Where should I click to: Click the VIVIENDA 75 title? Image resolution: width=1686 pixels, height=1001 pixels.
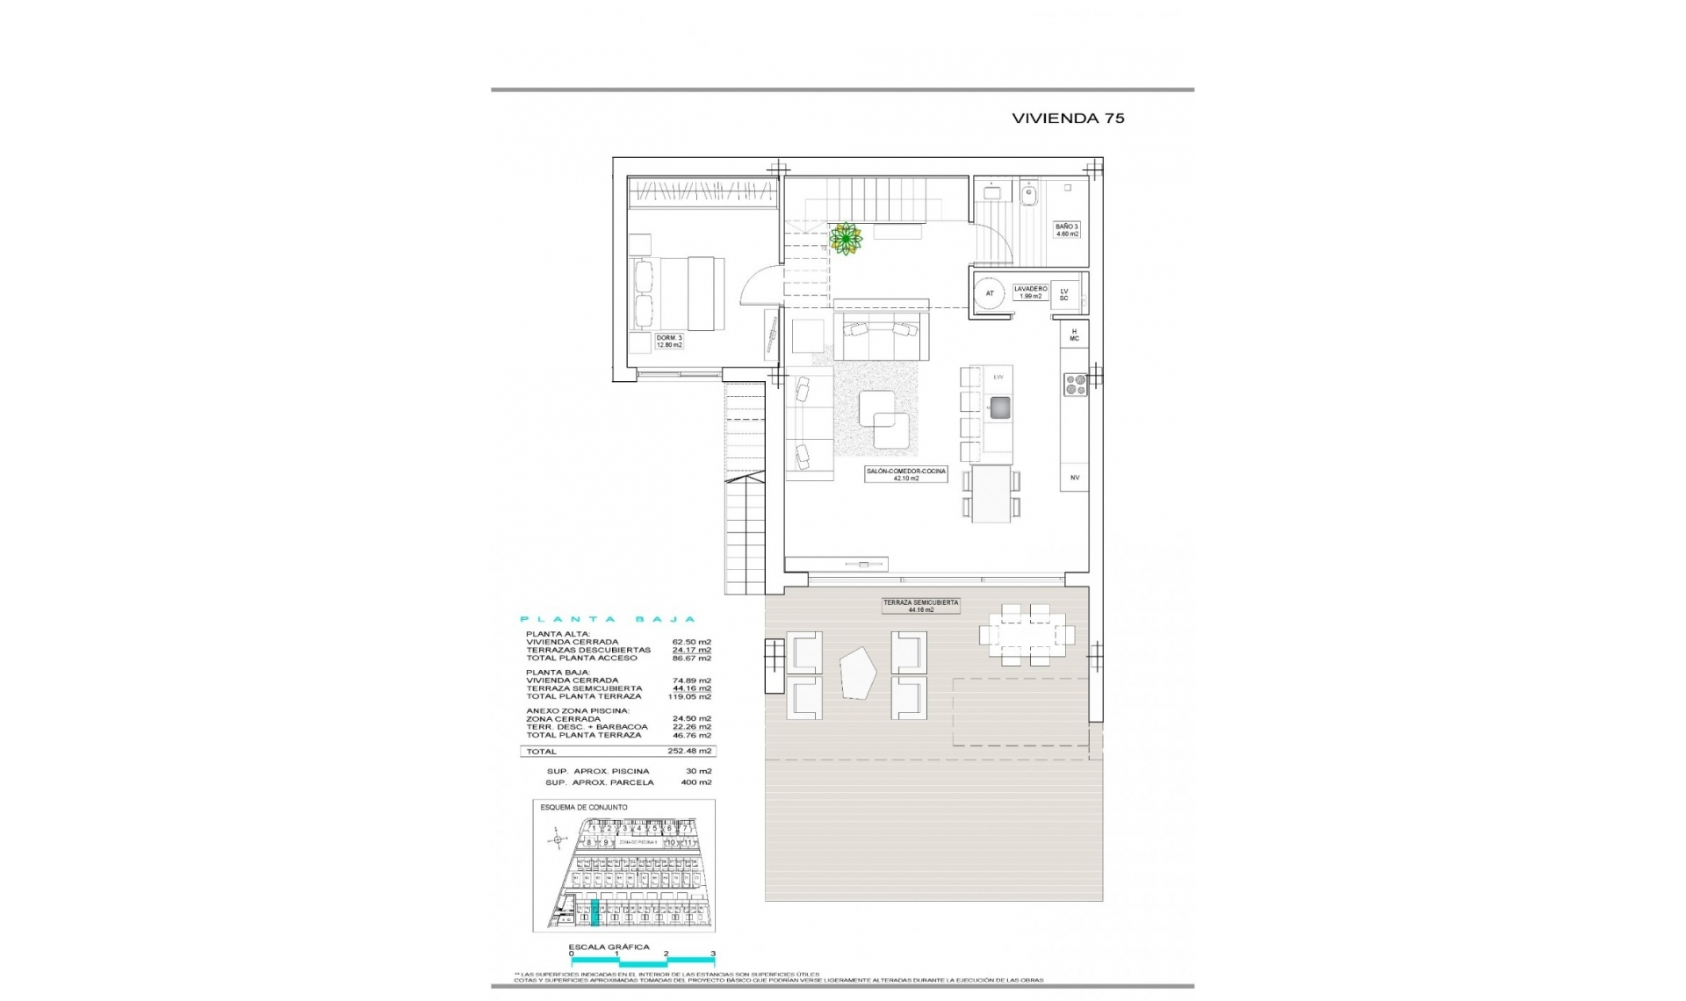[x=1068, y=119]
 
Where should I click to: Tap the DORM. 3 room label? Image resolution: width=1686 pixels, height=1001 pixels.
[x=669, y=342]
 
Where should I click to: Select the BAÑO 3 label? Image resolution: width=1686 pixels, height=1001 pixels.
[x=1067, y=230]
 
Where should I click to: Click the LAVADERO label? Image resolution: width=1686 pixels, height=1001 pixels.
[x=1030, y=292]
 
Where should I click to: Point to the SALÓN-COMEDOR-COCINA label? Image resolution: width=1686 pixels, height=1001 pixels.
[x=906, y=475]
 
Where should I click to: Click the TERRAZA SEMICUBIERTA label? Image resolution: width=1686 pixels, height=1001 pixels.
[x=920, y=606]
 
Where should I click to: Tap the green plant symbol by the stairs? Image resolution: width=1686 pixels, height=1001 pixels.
[x=846, y=238]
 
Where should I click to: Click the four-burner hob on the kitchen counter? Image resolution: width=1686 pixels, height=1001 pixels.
[x=1076, y=385]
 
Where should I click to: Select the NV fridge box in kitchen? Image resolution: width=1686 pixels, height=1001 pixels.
[x=1074, y=478]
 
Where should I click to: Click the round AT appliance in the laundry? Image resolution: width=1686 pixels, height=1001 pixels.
[x=990, y=294]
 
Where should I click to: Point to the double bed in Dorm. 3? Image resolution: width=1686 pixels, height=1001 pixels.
[x=677, y=292]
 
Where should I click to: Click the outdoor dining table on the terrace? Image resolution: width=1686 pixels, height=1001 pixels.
[x=1027, y=634]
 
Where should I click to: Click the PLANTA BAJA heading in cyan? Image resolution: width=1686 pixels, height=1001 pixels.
[x=608, y=619]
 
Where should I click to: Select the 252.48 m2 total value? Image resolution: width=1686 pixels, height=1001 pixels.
[x=689, y=752]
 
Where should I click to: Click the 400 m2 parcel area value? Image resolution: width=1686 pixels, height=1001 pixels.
[x=695, y=782]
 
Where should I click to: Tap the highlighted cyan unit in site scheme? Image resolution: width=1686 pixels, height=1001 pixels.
[x=594, y=913]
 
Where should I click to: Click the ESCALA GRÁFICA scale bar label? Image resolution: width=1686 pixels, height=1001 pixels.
[x=609, y=947]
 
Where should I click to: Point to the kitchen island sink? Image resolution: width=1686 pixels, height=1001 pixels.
[x=999, y=407]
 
